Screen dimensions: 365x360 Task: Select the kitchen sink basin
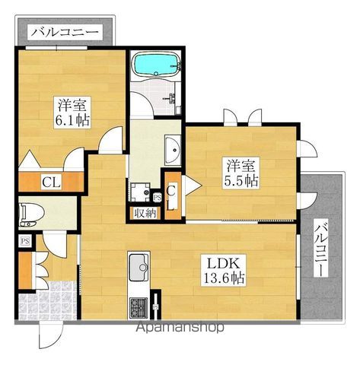pos(139,268)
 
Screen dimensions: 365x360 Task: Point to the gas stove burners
pos(140,307)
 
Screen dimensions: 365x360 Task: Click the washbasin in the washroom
pos(172,149)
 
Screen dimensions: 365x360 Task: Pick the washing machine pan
pos(139,191)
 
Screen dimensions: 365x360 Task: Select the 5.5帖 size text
pos(240,181)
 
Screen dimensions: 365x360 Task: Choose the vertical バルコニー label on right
pos(320,249)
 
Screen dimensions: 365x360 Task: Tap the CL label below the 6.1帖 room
pos(52,182)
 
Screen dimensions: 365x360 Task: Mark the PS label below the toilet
pos(24,241)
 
